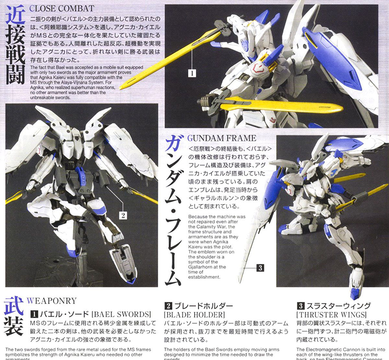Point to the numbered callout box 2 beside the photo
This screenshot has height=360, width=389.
click(124, 214)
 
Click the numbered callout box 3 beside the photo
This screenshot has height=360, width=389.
click(261, 267)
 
